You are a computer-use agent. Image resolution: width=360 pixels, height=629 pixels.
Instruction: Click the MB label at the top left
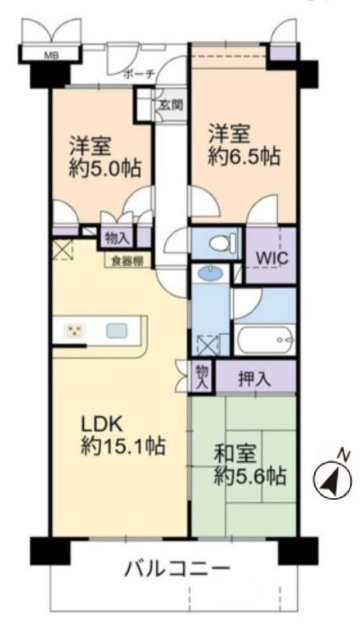pos(52,56)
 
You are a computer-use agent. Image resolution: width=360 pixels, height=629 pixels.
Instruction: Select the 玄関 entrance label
pos(171,105)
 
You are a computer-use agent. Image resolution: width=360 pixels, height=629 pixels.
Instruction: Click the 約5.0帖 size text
pos(105,169)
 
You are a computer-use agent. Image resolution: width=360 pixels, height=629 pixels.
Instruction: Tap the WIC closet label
pos(272,258)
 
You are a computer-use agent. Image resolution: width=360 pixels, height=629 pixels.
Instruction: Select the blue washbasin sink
pos(210,272)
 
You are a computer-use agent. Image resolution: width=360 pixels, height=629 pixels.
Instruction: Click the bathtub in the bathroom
pos(265,339)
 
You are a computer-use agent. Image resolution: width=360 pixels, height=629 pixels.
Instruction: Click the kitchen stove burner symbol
pos(74,331)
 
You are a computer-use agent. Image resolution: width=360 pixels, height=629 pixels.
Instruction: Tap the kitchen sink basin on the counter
pos(117,331)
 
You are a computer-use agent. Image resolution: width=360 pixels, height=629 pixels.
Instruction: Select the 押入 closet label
pos(254,379)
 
